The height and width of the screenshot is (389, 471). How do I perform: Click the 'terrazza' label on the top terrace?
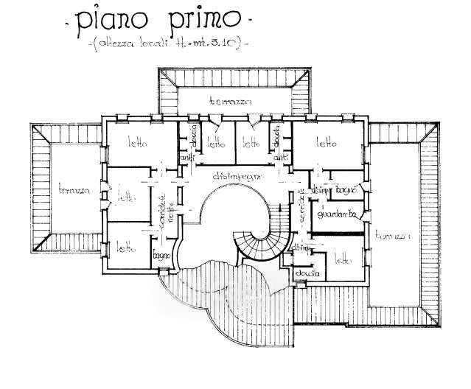click(x=230, y=100)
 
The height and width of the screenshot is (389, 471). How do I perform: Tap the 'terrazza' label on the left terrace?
click(x=74, y=190)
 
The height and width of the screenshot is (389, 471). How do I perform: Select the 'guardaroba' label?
click(x=335, y=214)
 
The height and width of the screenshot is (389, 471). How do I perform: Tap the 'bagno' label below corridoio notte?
click(x=162, y=256)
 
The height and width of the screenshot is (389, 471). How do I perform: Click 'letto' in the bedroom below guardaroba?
click(x=341, y=259)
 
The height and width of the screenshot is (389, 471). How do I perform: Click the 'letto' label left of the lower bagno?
click(x=125, y=248)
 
